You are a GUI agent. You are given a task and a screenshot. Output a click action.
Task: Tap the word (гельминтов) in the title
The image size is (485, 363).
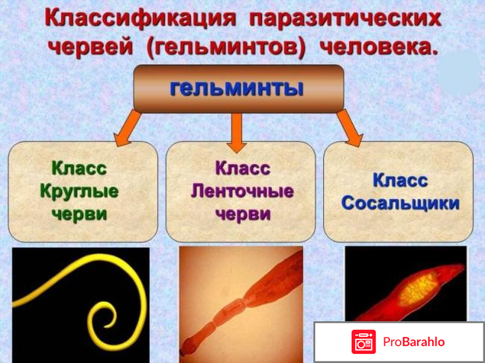point(228,46)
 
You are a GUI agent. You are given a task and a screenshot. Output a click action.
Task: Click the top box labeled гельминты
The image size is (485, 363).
point(238,88)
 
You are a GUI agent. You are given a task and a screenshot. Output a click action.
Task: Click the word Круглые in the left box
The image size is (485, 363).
point(79,191)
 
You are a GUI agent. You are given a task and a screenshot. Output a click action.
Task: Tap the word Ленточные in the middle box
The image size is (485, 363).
point(242,191)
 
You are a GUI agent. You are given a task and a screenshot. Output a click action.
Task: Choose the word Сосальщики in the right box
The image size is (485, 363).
point(399,203)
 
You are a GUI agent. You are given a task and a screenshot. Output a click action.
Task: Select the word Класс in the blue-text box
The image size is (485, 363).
point(399,180)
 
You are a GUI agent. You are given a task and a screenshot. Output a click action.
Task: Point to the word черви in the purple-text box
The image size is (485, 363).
point(242,214)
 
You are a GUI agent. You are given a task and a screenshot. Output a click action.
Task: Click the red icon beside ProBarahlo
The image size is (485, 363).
point(363,342)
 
